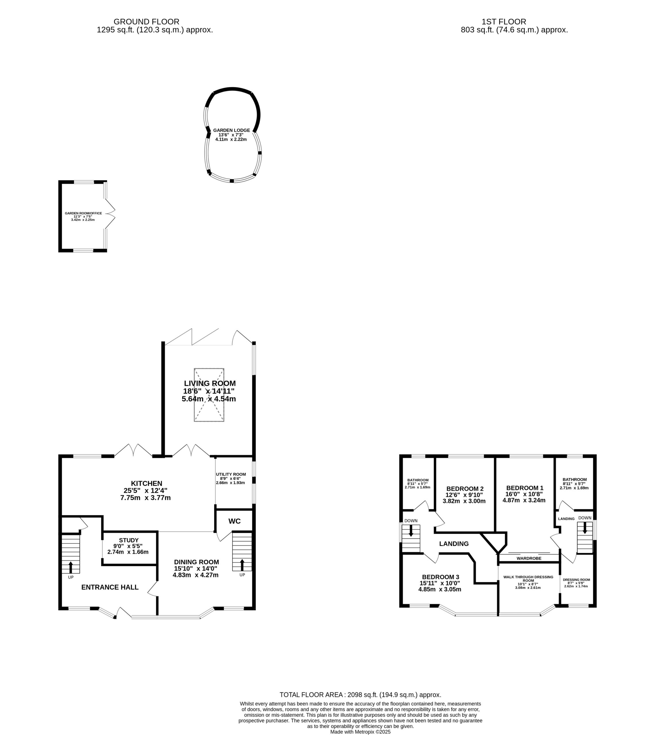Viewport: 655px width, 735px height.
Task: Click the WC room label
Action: (x=234, y=521)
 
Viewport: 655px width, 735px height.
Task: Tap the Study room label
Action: (x=128, y=540)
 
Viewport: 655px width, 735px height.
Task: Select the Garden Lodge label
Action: (x=231, y=130)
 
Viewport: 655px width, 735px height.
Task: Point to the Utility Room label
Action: (x=231, y=474)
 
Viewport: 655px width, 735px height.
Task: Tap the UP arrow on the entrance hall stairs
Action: (x=70, y=567)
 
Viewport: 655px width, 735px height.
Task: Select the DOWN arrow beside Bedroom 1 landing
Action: (x=585, y=528)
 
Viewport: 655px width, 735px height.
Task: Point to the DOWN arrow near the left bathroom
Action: (x=411, y=531)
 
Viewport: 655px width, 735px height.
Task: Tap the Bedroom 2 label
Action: (x=465, y=489)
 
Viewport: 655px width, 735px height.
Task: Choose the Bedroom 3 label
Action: (x=441, y=577)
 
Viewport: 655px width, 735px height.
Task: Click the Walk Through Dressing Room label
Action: (x=528, y=579)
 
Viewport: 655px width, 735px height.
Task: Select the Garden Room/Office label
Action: (x=83, y=213)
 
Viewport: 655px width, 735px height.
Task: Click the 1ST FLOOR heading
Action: (x=504, y=22)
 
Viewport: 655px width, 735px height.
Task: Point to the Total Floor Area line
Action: (x=360, y=695)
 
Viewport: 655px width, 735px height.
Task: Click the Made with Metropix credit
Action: (x=360, y=731)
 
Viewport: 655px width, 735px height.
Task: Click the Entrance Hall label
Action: (x=110, y=587)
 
